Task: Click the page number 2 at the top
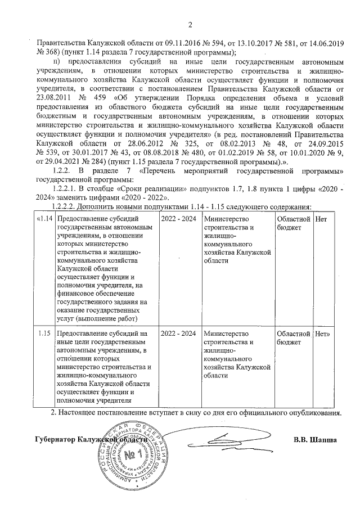pos(190,24)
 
